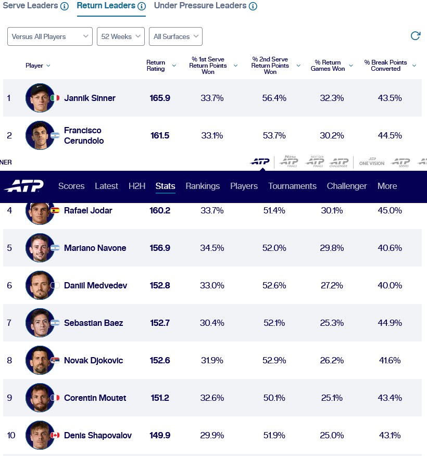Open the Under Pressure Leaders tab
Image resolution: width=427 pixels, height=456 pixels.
coord(200,6)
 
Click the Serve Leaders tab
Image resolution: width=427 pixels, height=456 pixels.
coord(30,6)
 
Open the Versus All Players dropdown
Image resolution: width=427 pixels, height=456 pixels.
coord(50,36)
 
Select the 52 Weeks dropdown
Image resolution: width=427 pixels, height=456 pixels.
coord(121,36)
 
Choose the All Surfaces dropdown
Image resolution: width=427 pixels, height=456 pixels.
coord(175,36)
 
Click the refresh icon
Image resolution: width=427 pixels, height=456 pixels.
coord(416,36)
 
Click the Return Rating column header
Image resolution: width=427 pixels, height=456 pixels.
coord(156,66)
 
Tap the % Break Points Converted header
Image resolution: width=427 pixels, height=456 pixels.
coord(385,66)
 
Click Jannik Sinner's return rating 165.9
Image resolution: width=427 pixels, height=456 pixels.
coord(160,98)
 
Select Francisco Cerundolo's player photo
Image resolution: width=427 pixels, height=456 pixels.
coord(40,135)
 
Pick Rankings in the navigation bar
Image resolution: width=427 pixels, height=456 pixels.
coord(203,186)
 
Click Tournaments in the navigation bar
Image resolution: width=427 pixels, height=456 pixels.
coord(292,186)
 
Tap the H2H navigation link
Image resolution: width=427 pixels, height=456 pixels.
coord(137,186)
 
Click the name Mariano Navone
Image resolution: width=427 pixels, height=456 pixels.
coord(95,248)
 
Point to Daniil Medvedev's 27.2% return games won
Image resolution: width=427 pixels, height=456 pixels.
coord(332,285)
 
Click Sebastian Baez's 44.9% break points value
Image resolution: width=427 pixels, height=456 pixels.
coord(390,323)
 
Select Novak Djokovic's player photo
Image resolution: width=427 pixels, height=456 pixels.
coord(40,360)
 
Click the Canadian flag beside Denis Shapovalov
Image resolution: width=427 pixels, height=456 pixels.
coord(55,435)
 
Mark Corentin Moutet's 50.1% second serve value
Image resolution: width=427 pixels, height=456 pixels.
coord(274,398)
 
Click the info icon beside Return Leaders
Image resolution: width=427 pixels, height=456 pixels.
coord(142,6)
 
